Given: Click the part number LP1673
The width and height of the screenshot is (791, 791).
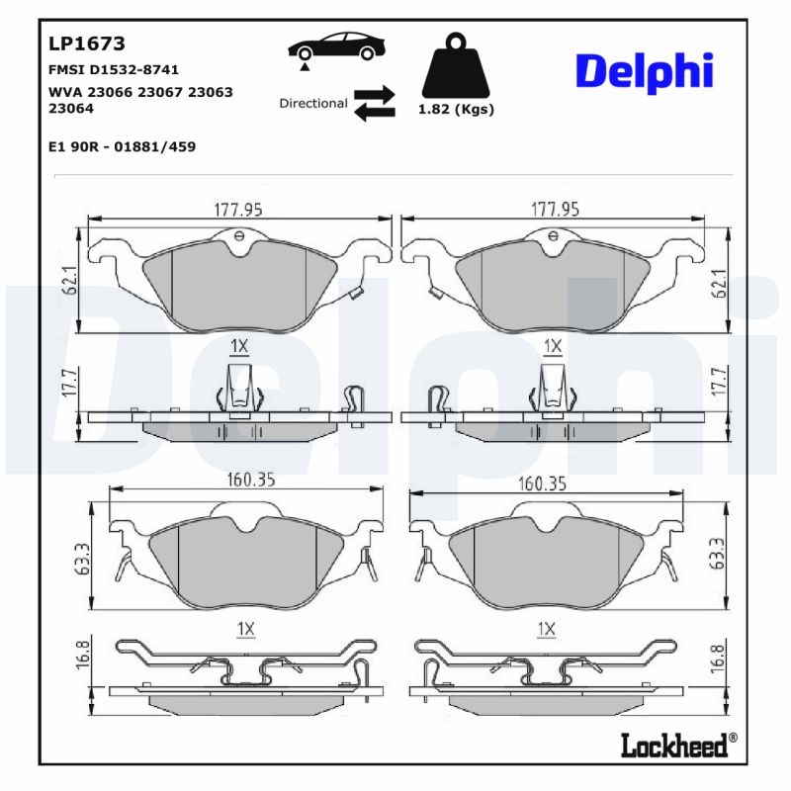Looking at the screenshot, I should tap(86, 44).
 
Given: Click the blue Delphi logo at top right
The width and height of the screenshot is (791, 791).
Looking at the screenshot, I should tap(644, 71).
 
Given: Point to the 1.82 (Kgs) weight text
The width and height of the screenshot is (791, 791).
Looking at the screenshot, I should tap(456, 110).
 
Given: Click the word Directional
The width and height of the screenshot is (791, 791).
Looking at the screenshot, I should tap(312, 103).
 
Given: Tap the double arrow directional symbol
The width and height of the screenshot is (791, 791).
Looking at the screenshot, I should tap(374, 103).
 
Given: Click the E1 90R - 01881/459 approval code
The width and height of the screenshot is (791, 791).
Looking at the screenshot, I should tap(122, 146).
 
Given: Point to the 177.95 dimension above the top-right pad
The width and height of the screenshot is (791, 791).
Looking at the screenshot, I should tap(555, 210).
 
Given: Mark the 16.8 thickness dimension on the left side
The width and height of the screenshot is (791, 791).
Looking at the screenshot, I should tap(84, 656).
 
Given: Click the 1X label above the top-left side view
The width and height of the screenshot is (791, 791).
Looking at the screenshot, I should tap(238, 345).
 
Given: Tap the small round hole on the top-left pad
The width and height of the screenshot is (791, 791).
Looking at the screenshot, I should tap(239, 235).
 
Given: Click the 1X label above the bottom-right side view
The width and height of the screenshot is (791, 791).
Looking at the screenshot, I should tap(545, 629).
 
